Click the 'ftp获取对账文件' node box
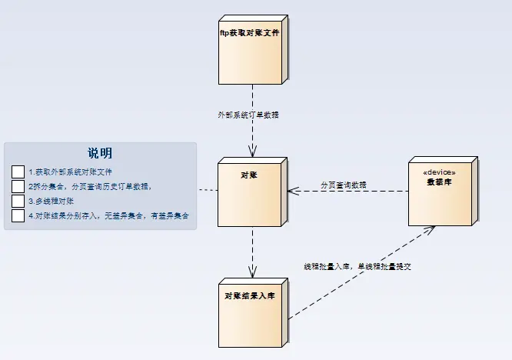tap(251, 46)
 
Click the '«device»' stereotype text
tap(440, 172)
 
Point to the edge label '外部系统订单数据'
tap(248, 115)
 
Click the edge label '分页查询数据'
tap(344, 185)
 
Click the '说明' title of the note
tap(100, 153)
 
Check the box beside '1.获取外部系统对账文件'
tap(18, 172)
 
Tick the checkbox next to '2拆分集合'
tap(18, 186)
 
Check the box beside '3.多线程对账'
tap(18, 201)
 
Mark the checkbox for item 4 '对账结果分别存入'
tap(18, 215)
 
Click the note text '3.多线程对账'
tap(52, 201)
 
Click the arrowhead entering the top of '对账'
tap(251, 153)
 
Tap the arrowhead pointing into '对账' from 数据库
tap(292, 191)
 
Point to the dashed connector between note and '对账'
tap(207, 190)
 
